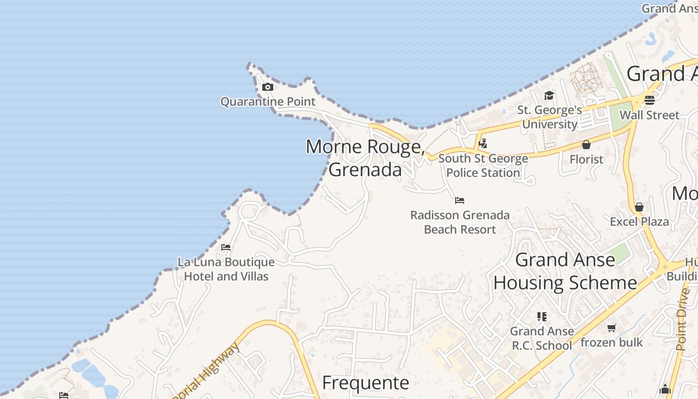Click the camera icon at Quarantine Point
point(268,87)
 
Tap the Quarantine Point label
point(268,102)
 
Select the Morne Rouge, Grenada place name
point(365,158)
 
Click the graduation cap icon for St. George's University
point(549,95)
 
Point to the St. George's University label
point(549,117)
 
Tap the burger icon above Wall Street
point(649,100)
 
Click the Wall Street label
point(649,115)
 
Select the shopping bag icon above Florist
point(586,145)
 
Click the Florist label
point(586,160)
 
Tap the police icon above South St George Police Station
point(483,144)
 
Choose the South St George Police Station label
point(483,166)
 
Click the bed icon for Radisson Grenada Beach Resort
point(460,200)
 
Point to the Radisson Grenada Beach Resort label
point(460,222)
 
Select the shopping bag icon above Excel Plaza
point(639,207)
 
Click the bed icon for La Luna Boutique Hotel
point(226,247)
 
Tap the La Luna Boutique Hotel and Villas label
point(226,269)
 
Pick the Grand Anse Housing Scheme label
point(565,271)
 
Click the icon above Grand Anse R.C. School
point(542,316)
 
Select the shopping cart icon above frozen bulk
point(611,328)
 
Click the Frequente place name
point(365,383)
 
